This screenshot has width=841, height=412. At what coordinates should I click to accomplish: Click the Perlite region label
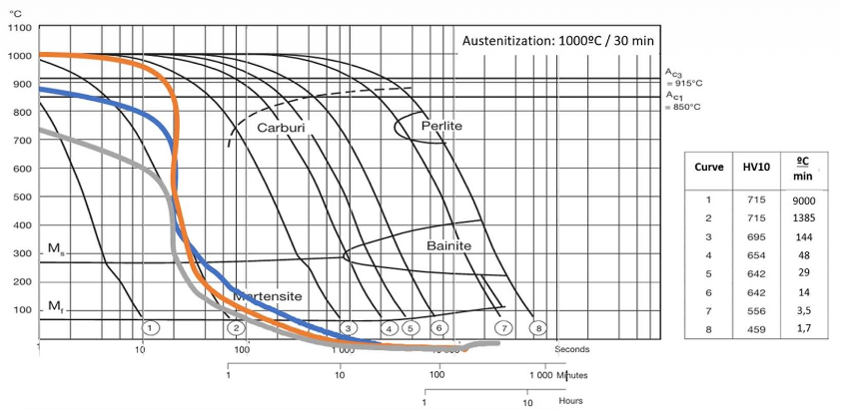click(440, 128)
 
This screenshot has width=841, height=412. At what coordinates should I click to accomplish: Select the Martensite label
click(267, 296)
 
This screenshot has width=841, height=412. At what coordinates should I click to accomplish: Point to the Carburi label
click(281, 128)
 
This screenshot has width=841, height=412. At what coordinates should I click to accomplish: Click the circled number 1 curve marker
click(148, 327)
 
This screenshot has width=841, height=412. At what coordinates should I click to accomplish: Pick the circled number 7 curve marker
click(505, 327)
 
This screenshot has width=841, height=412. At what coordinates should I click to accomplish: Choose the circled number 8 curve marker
click(539, 327)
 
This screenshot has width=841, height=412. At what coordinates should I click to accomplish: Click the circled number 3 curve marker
click(348, 327)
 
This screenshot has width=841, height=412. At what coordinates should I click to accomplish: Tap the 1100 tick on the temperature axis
click(19, 27)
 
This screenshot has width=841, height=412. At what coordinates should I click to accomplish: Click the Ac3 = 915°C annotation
click(683, 77)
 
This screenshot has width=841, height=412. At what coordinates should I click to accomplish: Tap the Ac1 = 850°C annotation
click(683, 102)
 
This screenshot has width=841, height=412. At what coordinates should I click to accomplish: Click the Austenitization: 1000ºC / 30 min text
click(555, 41)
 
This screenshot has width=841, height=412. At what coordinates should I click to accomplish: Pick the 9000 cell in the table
click(803, 201)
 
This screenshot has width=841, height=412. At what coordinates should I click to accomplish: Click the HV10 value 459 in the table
click(755, 326)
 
